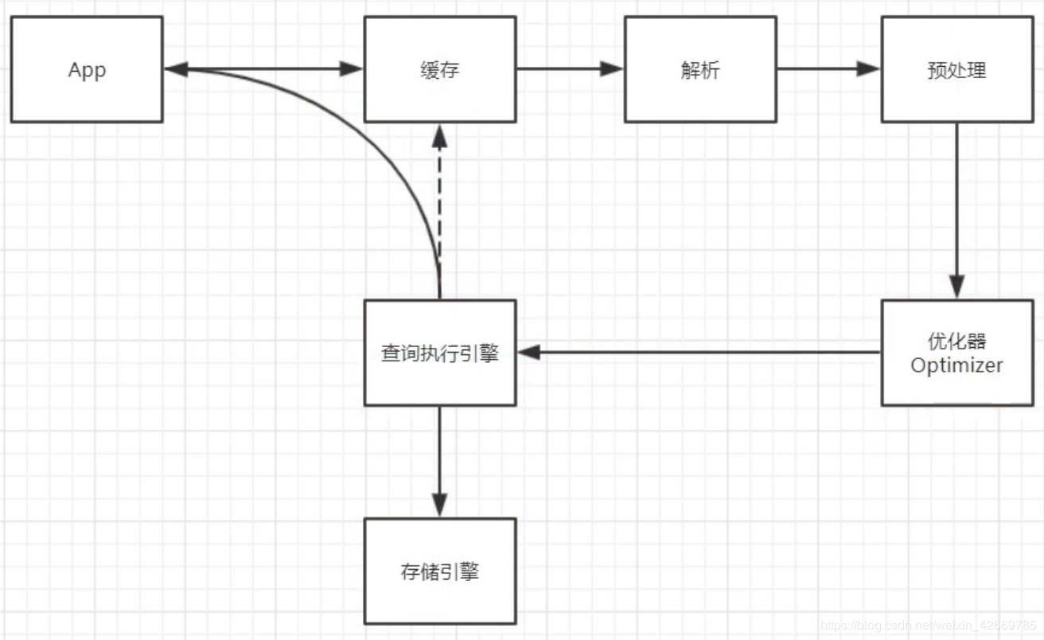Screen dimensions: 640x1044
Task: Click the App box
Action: click(87, 70)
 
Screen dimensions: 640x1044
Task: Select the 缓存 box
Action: click(439, 70)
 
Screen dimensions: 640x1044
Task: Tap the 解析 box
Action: click(699, 70)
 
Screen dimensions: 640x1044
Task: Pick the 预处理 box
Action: click(956, 70)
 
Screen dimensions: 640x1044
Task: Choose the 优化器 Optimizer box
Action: click(956, 353)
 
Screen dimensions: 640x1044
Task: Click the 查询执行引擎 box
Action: click(439, 353)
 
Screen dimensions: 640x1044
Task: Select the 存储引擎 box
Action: click(439, 571)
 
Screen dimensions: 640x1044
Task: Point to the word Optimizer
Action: click(956, 365)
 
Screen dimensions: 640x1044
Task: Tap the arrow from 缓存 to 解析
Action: click(569, 68)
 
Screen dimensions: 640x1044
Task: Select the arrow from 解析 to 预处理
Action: click(828, 68)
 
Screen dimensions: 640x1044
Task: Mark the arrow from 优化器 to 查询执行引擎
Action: click(700, 352)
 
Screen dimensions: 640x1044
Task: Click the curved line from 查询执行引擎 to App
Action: click(374, 135)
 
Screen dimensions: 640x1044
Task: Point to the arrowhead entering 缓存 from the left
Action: click(351, 68)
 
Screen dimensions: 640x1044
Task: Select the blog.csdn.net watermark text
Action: click(927, 626)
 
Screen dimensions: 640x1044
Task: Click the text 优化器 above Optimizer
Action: click(956, 341)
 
